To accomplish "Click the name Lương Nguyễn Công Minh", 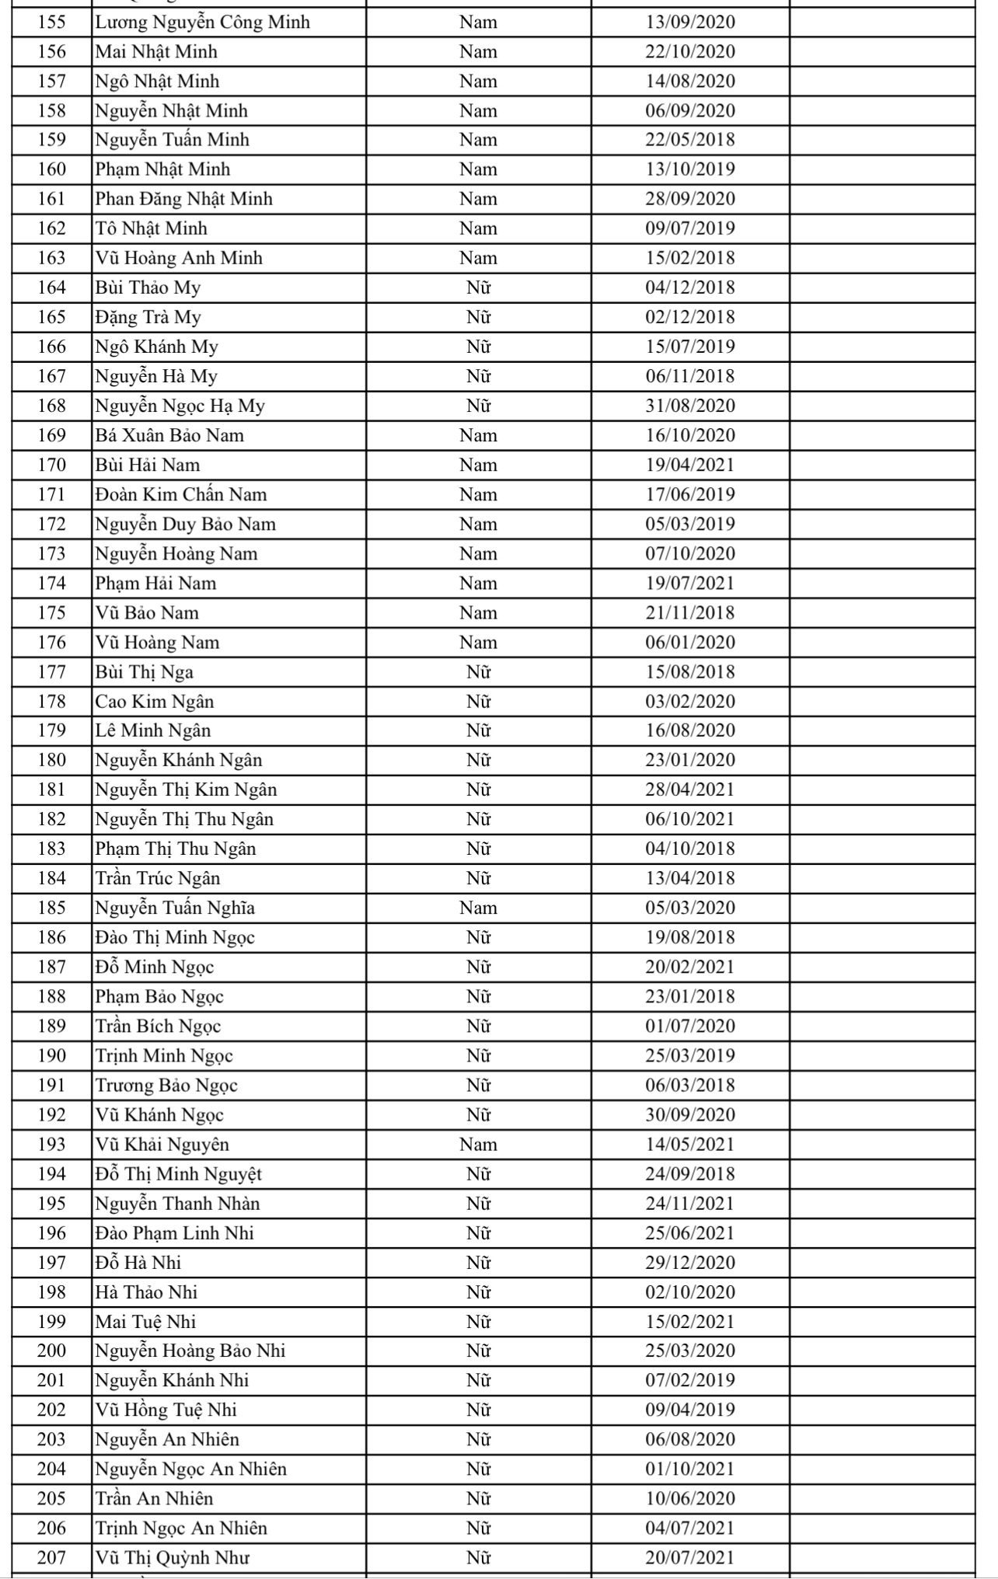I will [x=202, y=23].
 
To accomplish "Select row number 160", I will [x=52, y=169].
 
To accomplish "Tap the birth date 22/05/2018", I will [x=689, y=140].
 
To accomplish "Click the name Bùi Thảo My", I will [x=148, y=288].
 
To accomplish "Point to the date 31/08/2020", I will [x=689, y=406].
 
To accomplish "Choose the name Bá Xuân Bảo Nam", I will [x=169, y=435].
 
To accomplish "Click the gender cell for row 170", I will [x=478, y=465].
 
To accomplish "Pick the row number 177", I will [x=52, y=672].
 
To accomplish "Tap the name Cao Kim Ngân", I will [x=154, y=702].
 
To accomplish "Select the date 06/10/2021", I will [x=689, y=819].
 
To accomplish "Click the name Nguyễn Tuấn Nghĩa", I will [x=175, y=908].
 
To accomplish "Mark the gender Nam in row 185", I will [x=478, y=908].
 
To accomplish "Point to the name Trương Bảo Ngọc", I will [x=166, y=1086].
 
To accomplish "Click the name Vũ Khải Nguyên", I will [x=162, y=1145].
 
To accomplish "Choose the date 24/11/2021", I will [x=689, y=1204].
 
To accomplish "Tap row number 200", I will [x=52, y=1351].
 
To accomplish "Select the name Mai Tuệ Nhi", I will [x=145, y=1322].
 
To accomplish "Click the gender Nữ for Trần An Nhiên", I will [x=478, y=1499].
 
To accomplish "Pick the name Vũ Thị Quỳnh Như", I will [x=173, y=1558].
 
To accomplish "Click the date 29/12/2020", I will [x=689, y=1263].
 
